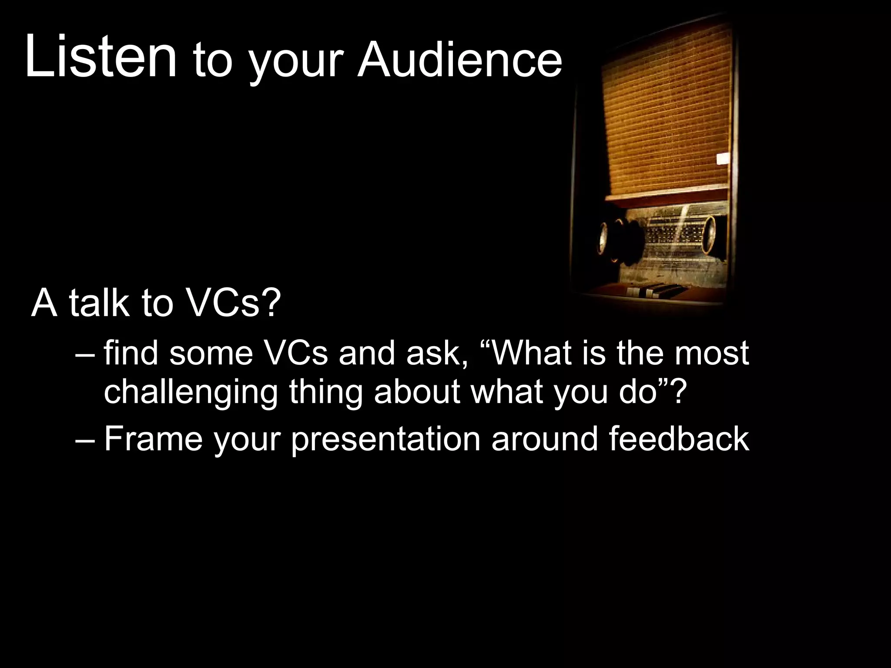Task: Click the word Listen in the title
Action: pyautogui.click(x=101, y=57)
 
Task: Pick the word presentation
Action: pyautogui.click(x=385, y=440)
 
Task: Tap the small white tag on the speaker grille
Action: pyautogui.click(x=724, y=159)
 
